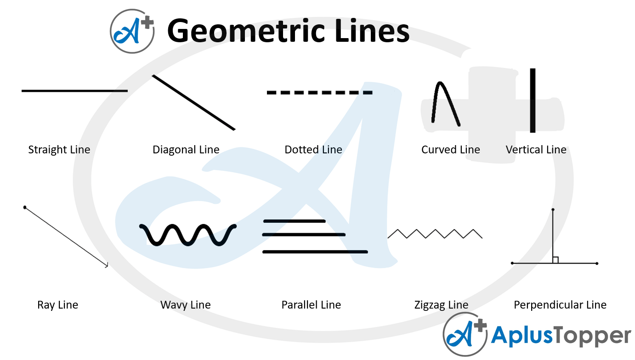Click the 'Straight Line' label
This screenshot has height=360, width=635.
(x=59, y=150)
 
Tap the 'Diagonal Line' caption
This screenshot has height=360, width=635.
(x=186, y=150)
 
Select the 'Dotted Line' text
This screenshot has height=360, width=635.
(x=313, y=150)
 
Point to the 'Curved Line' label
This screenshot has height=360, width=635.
(x=450, y=150)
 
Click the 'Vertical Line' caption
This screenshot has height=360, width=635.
(x=536, y=150)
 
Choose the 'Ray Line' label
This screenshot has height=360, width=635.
(x=58, y=305)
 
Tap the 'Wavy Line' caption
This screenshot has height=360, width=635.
(x=186, y=305)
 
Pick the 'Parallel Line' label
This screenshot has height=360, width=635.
(x=311, y=305)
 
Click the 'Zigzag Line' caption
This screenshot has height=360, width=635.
(x=441, y=305)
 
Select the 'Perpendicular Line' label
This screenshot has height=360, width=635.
(x=560, y=305)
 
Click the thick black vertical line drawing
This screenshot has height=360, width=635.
(x=533, y=101)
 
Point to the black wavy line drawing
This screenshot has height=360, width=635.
(x=188, y=235)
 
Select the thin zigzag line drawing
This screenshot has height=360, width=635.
(x=435, y=234)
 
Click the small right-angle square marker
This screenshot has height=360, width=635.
(x=556, y=260)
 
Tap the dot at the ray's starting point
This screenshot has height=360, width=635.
(x=24, y=207)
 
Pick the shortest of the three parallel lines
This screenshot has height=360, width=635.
(x=294, y=221)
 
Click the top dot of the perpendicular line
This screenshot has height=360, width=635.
(x=553, y=210)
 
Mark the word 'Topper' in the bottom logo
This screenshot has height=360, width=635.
(x=593, y=336)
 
